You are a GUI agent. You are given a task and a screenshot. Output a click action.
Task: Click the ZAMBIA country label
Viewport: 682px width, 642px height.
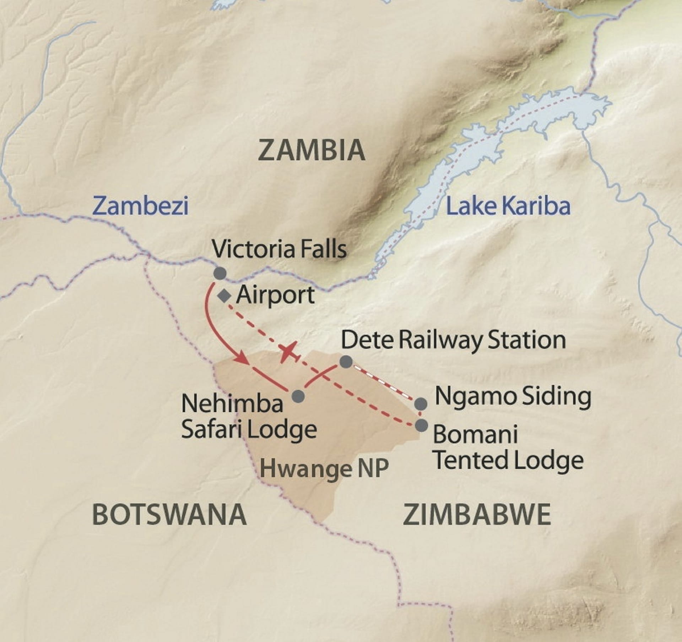312,150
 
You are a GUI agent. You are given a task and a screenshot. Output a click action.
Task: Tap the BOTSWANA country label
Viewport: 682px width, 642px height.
169,515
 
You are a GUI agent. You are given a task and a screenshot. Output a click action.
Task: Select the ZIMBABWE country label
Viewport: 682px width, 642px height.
477,515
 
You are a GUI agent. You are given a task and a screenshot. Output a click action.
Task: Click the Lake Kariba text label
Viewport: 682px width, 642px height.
508,206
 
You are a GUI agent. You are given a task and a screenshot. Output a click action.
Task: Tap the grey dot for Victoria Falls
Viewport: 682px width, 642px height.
220,273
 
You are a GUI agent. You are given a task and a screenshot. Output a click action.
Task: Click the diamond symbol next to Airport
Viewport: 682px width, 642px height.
224,296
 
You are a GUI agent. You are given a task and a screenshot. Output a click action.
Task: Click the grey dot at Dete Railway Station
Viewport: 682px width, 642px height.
346,362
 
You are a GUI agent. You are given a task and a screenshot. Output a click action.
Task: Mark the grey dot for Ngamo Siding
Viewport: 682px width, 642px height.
421,404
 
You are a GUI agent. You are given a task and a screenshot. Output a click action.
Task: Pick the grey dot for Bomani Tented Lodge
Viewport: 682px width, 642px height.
421,425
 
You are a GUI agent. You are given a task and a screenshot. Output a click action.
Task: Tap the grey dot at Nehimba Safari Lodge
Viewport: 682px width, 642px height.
298,396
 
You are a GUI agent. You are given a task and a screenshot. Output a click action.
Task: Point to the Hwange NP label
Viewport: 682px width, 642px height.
324,468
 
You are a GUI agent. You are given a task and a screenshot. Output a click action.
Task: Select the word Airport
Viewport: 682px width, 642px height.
275,295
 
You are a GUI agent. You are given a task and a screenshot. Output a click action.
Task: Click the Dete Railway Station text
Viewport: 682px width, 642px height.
453,340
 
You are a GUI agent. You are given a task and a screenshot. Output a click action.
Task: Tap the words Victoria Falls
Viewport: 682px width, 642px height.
279,249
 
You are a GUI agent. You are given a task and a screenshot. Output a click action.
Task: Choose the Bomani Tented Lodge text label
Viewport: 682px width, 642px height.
508,448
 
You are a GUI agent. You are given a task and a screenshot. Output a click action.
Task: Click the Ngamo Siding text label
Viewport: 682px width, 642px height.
513,396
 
